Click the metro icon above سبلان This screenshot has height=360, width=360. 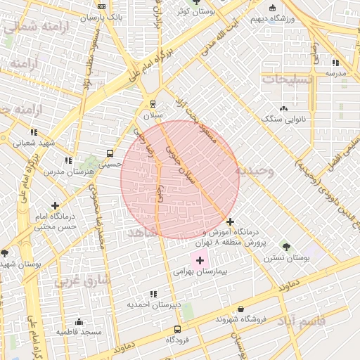point(153,104)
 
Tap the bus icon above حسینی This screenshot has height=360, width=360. point(110,153)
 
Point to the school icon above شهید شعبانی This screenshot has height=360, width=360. point(34,132)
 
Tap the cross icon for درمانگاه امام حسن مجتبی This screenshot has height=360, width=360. point(55,205)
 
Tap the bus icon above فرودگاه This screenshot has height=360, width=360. point(177,329)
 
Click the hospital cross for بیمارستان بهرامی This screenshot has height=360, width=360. point(200,260)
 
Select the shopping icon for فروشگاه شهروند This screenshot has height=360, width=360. point(241,309)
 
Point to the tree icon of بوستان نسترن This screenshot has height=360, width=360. point(286,246)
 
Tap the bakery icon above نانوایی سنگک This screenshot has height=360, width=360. point(283,108)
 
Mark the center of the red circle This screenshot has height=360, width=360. point(179,179)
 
